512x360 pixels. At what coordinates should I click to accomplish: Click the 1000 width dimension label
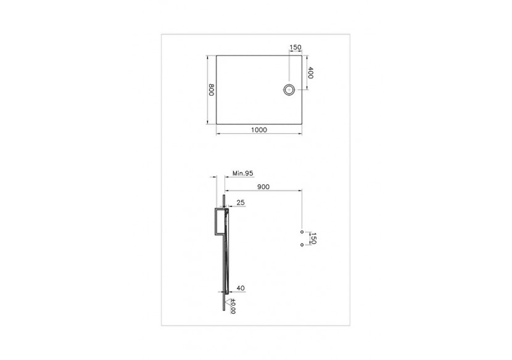(x=259, y=129)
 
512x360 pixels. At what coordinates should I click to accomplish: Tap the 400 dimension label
(x=312, y=73)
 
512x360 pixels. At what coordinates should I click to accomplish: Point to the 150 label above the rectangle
(x=295, y=47)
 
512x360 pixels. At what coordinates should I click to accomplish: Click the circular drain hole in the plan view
(x=289, y=89)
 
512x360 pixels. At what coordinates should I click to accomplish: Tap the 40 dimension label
(x=240, y=287)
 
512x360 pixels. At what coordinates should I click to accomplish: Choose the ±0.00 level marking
(x=234, y=306)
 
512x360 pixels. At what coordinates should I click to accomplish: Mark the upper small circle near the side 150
(x=302, y=232)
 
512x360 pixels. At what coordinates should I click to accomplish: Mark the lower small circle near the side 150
(x=302, y=245)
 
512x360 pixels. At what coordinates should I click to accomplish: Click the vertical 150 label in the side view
(x=313, y=239)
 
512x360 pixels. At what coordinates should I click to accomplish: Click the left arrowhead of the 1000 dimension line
(x=217, y=134)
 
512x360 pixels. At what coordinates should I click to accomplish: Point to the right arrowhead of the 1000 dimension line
(x=302, y=134)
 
